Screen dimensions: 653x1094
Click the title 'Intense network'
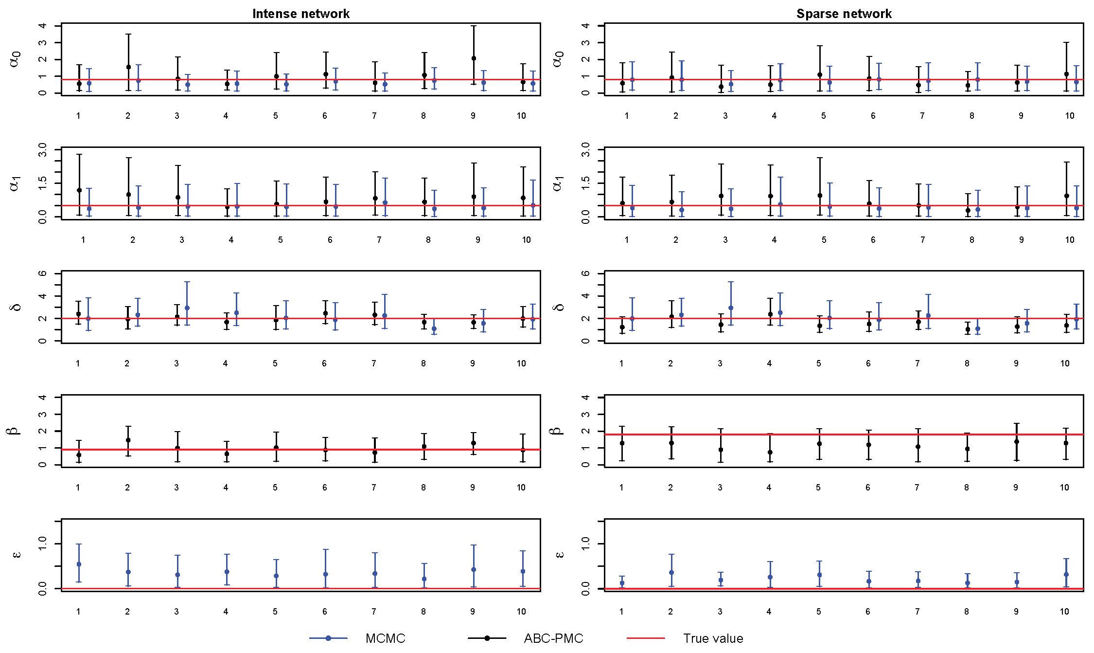point(300,14)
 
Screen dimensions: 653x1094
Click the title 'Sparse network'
point(844,14)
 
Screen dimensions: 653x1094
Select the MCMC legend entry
point(385,638)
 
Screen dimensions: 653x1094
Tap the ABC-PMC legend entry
point(553,638)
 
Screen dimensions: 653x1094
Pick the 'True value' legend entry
point(713,638)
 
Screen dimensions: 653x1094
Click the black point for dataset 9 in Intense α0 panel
point(474,58)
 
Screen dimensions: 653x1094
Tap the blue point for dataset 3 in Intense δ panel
point(187,308)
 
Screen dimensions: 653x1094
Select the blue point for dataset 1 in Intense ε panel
point(79,564)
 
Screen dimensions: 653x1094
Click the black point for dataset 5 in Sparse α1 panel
point(820,196)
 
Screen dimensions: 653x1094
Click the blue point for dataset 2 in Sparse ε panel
point(671,573)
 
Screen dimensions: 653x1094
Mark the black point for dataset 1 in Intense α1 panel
point(79,190)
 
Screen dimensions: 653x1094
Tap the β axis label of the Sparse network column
point(558,431)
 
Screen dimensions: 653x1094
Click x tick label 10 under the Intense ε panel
point(521,612)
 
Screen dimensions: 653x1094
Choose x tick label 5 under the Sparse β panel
point(818,488)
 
